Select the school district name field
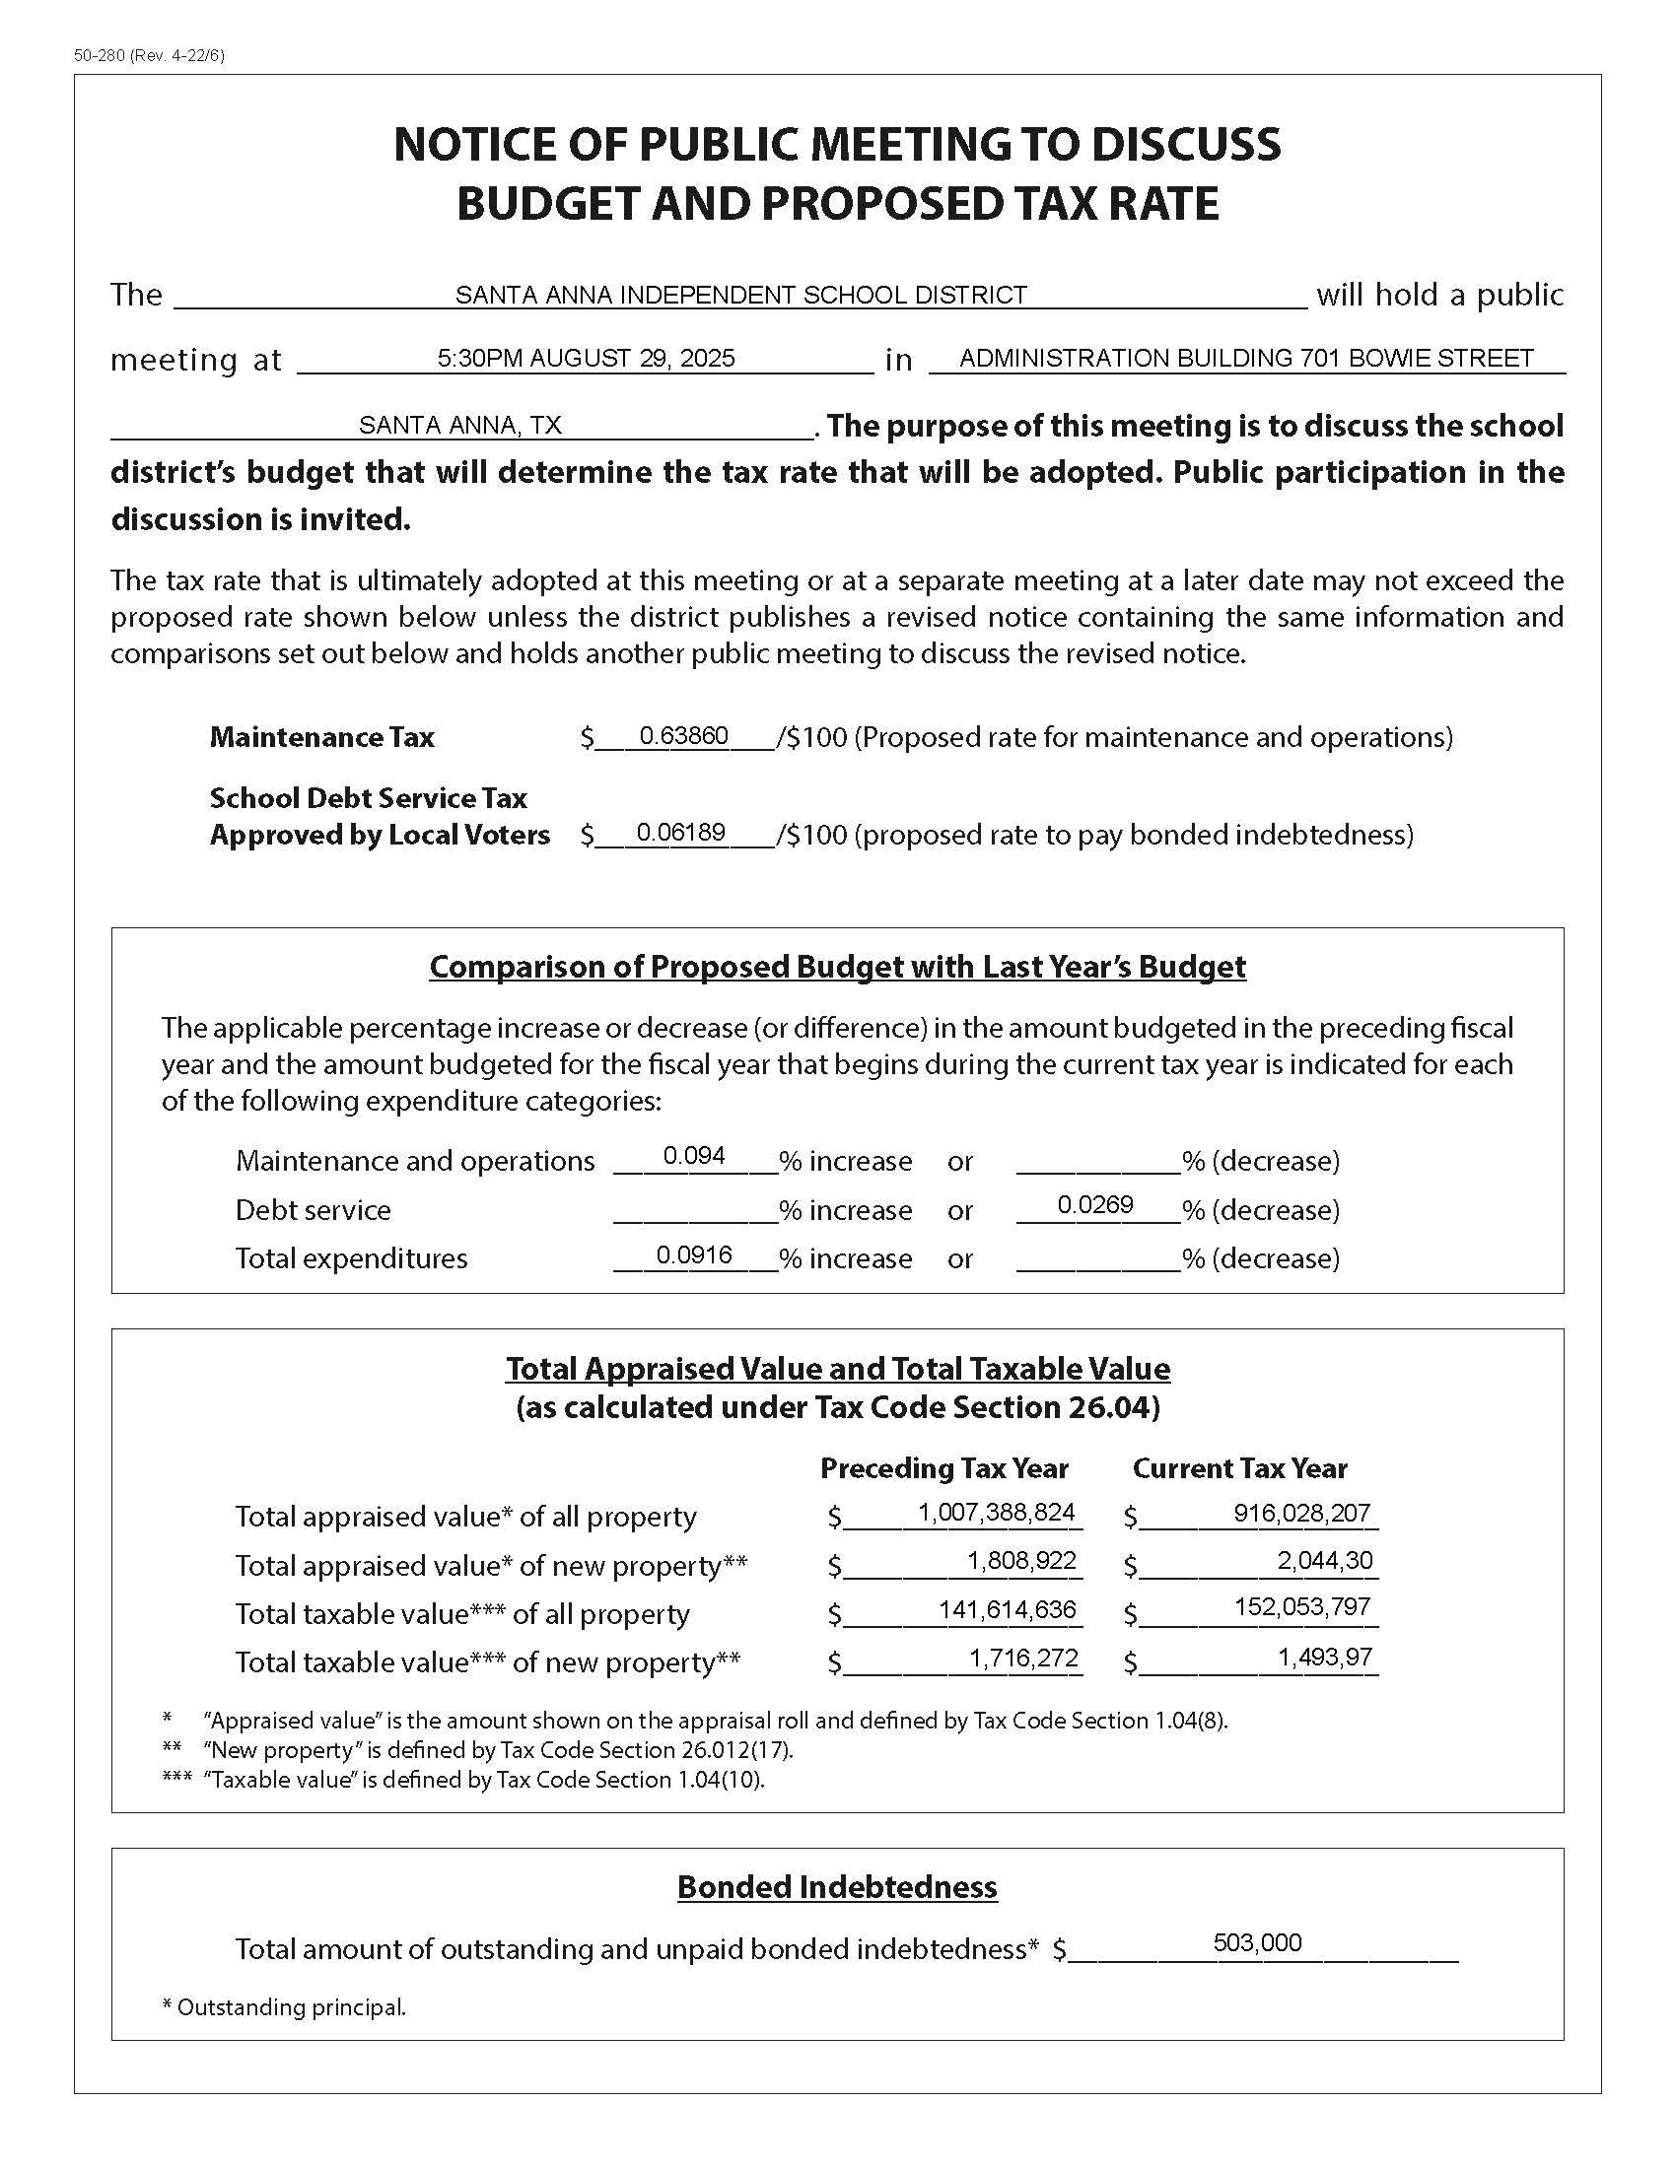740,295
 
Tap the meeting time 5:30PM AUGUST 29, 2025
586,359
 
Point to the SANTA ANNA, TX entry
459,426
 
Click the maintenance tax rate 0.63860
684,735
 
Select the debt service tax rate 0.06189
681,832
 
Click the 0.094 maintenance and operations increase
694,1156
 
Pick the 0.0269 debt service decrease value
1095,1205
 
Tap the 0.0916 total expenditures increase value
694,1254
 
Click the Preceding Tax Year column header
944,1468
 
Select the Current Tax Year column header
1239,1468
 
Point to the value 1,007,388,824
996,1513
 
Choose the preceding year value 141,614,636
1007,1609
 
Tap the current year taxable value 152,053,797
1301,1607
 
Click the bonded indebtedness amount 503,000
1257,1942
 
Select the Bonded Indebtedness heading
837,1887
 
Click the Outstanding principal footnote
284,2007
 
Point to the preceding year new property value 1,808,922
1021,1561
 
